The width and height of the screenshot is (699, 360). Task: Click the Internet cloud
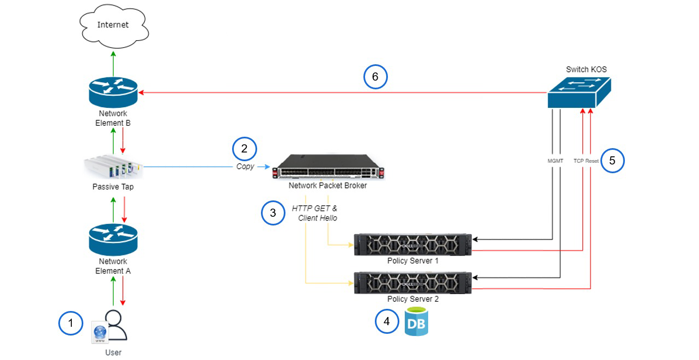[x=113, y=25]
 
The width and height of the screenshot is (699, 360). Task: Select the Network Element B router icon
[x=113, y=93]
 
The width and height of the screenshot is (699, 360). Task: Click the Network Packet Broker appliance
[x=328, y=167]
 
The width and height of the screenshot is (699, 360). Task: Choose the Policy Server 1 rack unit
[x=412, y=245]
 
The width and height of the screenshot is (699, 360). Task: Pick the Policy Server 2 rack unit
[x=412, y=283]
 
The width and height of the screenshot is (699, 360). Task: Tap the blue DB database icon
[x=416, y=322]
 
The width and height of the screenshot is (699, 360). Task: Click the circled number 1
[x=70, y=323]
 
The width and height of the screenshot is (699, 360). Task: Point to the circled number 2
[x=244, y=148]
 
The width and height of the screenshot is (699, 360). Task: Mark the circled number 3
[x=273, y=213]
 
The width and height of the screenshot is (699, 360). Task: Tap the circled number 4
[x=387, y=321]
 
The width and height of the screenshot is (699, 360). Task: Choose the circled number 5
[x=612, y=161]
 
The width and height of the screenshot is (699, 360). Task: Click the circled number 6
[x=375, y=77]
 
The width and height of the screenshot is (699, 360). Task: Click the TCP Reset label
[x=586, y=161]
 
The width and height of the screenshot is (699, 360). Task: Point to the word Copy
[x=245, y=167]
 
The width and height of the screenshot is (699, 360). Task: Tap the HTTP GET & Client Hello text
[x=315, y=213]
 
